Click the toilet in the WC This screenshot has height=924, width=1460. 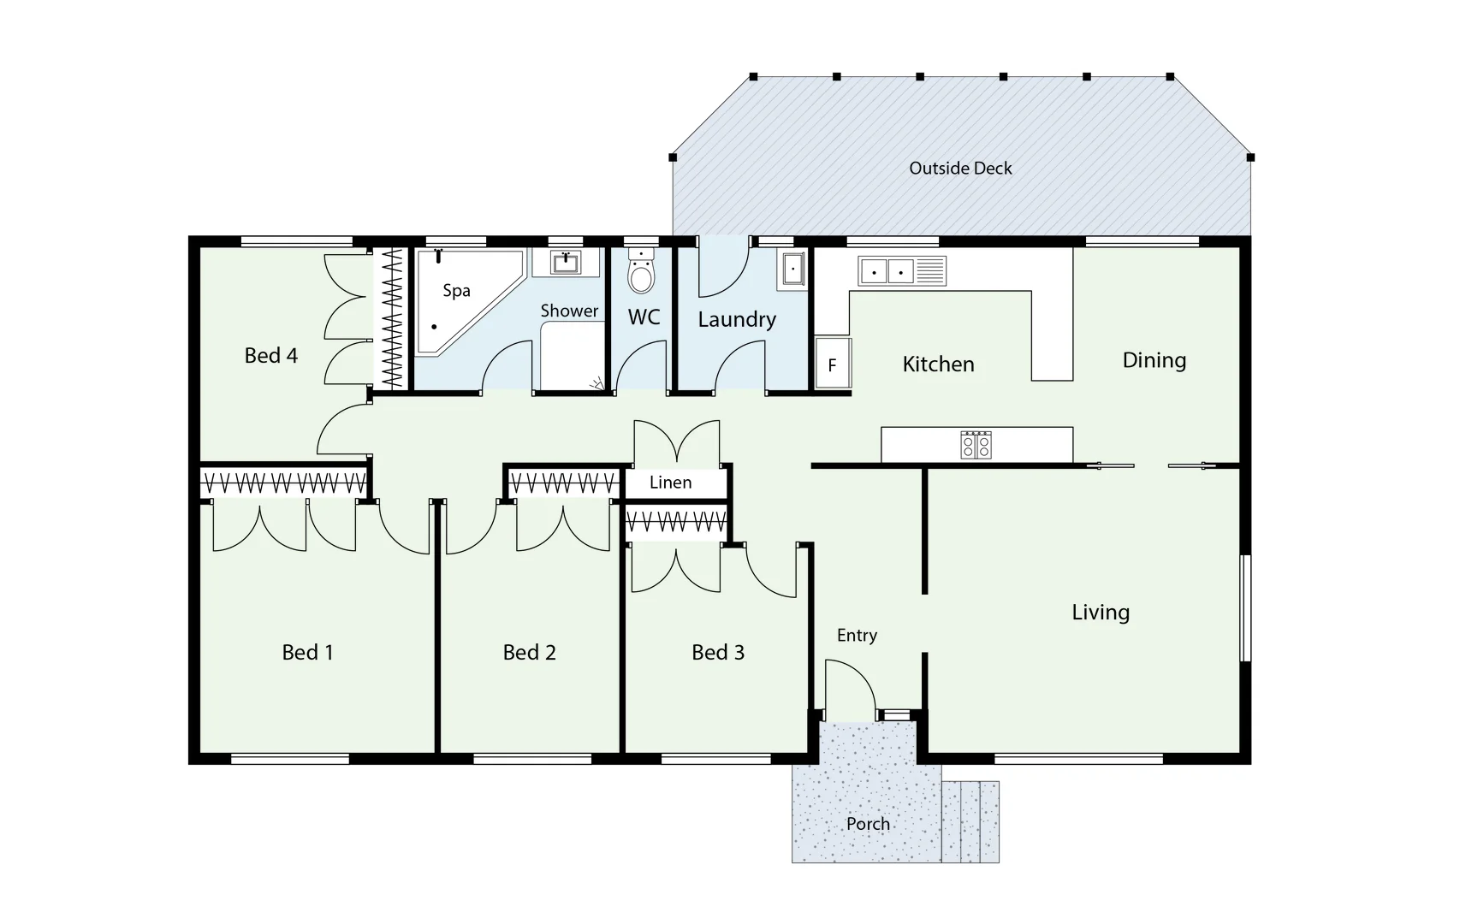[641, 273]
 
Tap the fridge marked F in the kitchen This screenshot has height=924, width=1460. [833, 364]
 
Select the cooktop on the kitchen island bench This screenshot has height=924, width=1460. [976, 445]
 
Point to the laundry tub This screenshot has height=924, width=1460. [792, 269]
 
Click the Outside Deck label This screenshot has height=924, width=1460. [960, 169]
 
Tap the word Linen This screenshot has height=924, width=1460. [670, 483]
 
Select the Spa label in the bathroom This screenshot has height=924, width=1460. [456, 291]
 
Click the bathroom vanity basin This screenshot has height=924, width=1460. [565, 262]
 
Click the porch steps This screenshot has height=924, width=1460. [970, 821]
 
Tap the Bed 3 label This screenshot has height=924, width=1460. [718, 653]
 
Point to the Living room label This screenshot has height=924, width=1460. [1101, 613]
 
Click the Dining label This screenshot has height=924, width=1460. [1154, 360]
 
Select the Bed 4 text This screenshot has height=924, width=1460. [270, 356]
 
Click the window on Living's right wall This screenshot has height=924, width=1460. [1246, 607]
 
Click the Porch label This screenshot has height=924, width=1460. [868, 824]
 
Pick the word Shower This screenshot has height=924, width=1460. [569, 311]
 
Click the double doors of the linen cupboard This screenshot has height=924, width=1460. [676, 443]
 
